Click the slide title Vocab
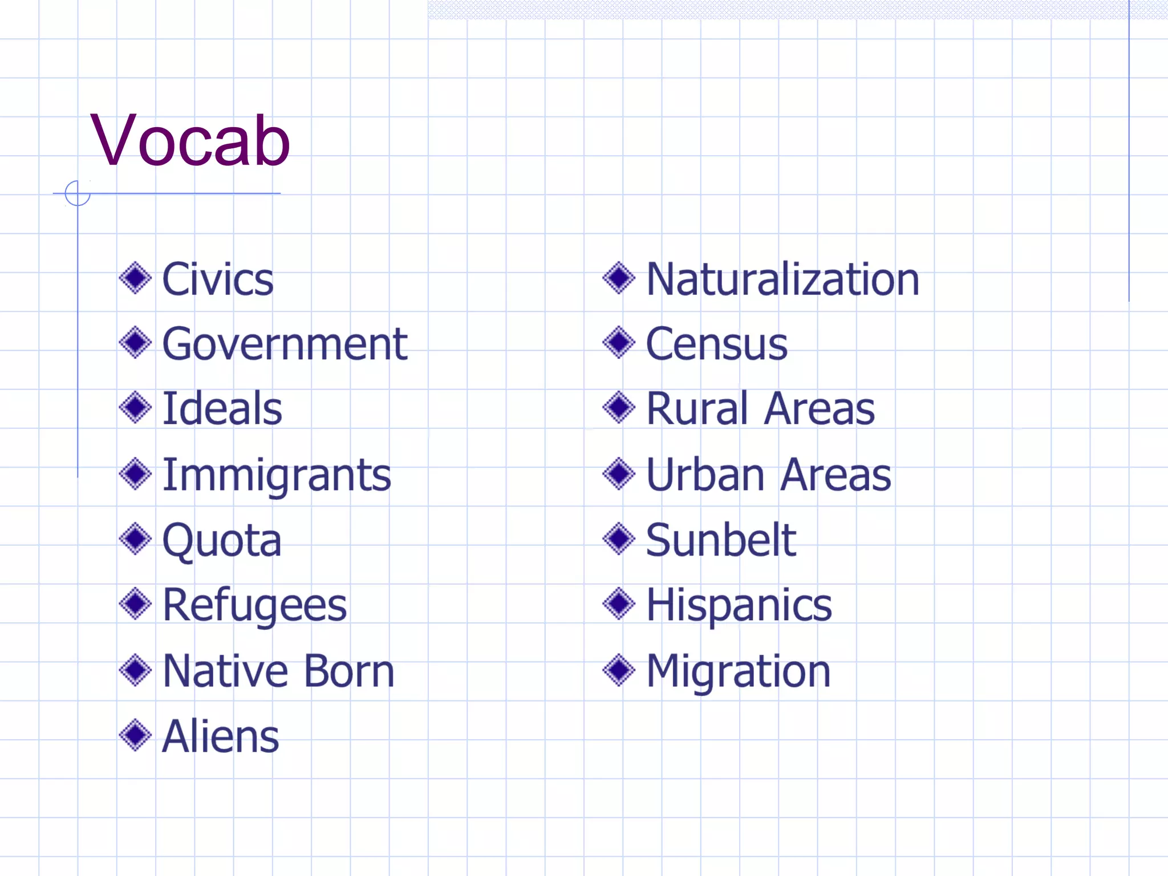point(190,140)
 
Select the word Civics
point(218,279)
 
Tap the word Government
point(285,344)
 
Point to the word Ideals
point(222,409)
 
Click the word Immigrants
point(277,475)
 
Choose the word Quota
point(222,540)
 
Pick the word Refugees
point(254,605)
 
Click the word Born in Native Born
point(349,671)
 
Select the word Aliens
point(221,736)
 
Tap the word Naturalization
point(782,279)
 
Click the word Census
point(716,344)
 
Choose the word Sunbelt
point(721,540)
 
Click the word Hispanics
point(739,605)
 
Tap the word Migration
point(738,671)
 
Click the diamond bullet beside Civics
point(135,278)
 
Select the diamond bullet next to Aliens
point(135,735)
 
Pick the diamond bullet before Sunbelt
point(619,539)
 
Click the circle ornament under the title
point(78,193)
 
